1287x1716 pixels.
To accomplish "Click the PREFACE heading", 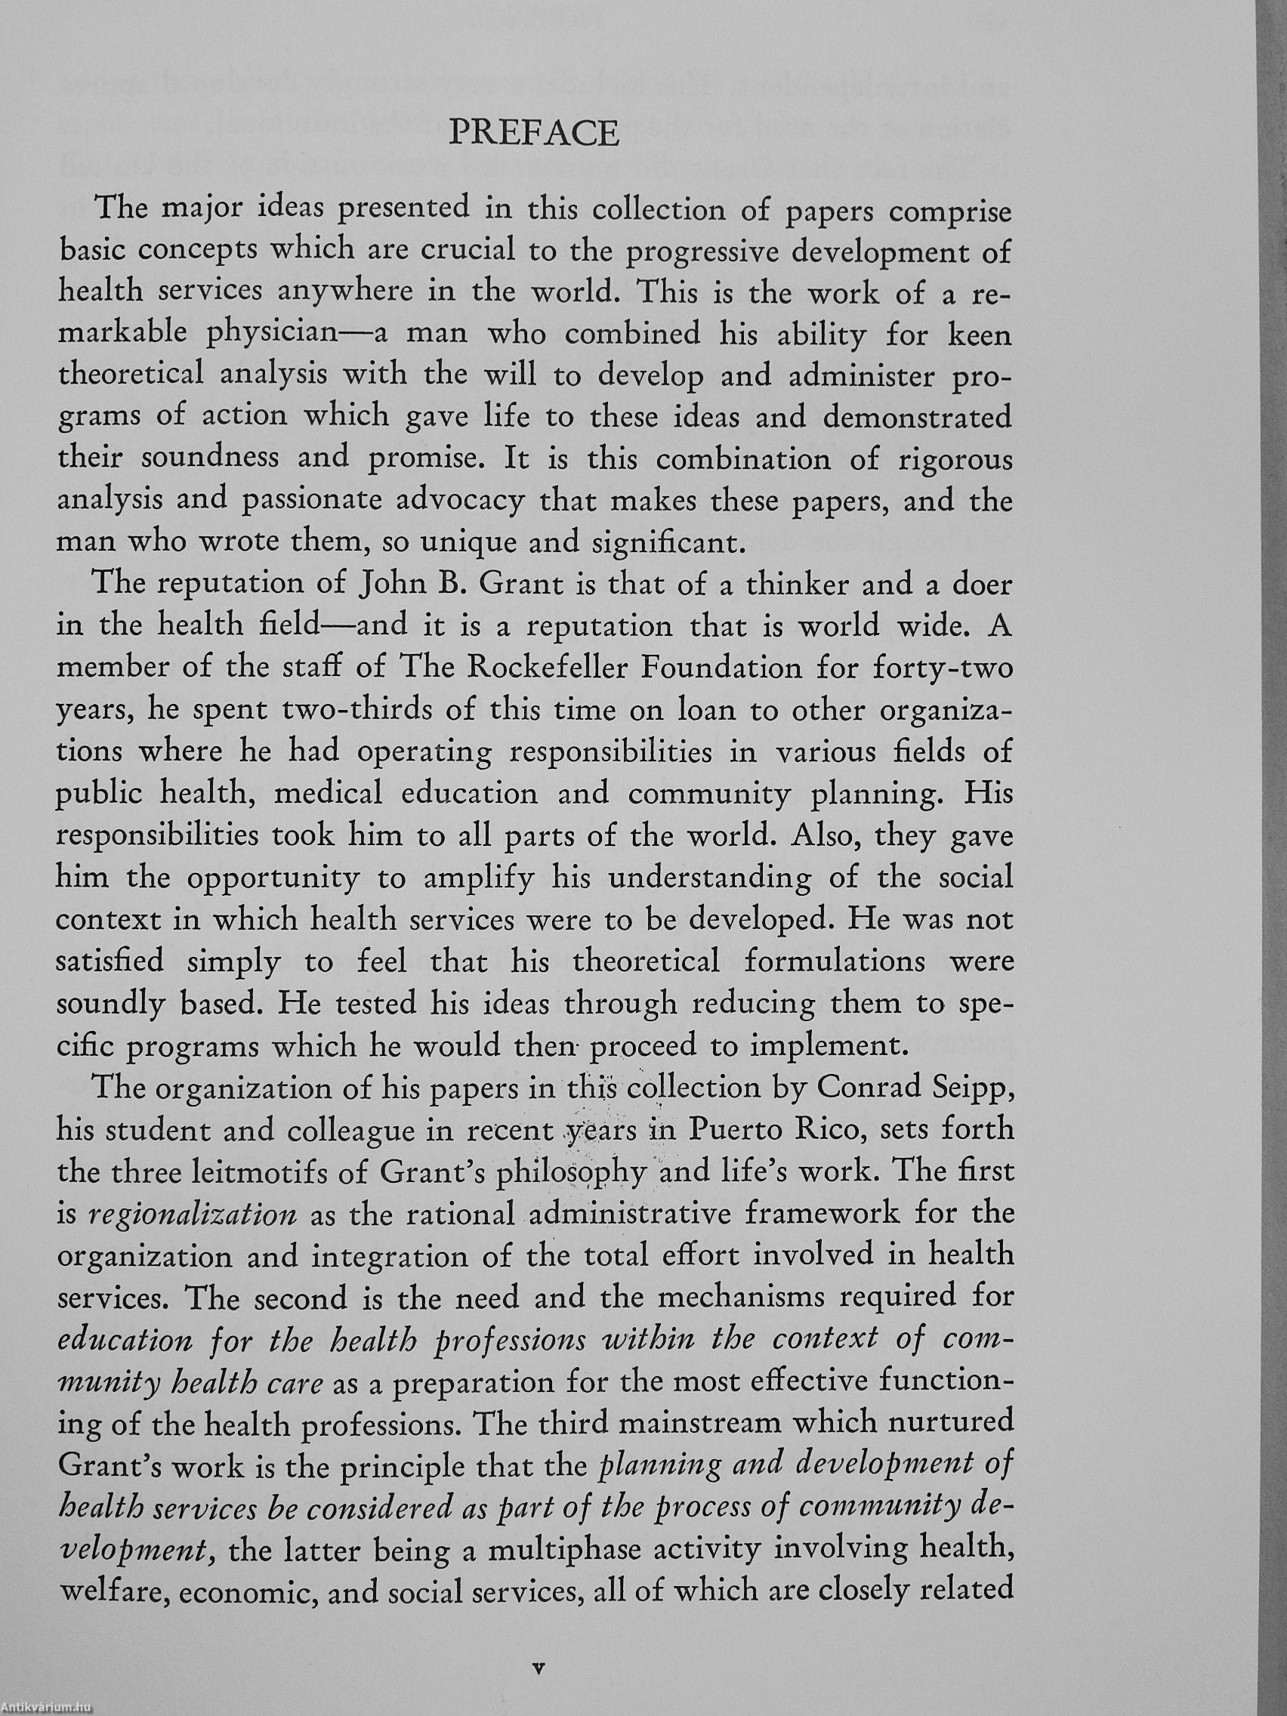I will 534,134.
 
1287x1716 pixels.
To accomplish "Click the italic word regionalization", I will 193,1214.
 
